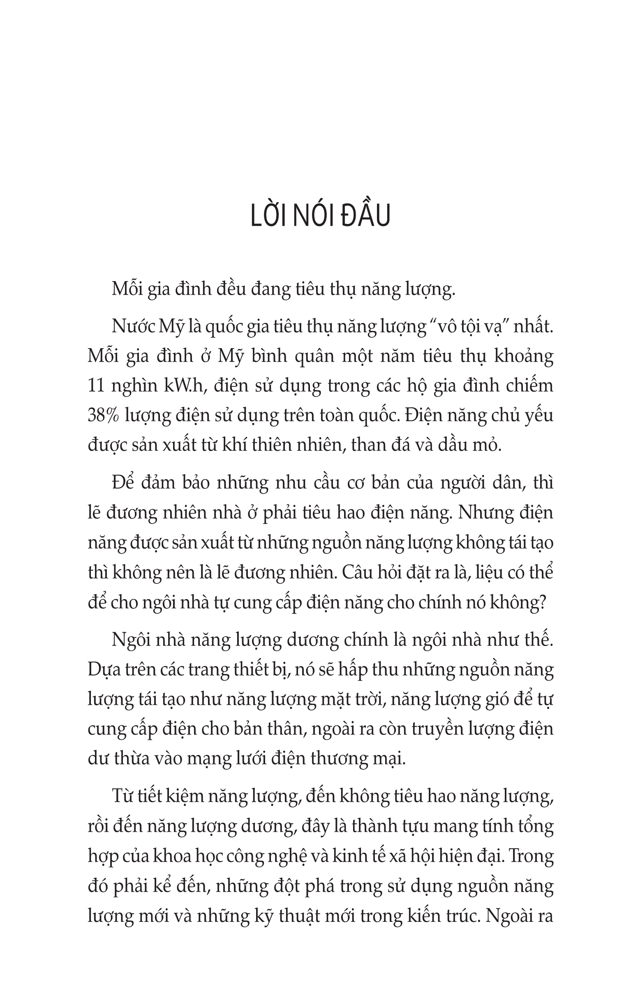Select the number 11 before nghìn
[97, 386]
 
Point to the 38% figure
[103, 415]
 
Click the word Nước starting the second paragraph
[132, 326]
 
